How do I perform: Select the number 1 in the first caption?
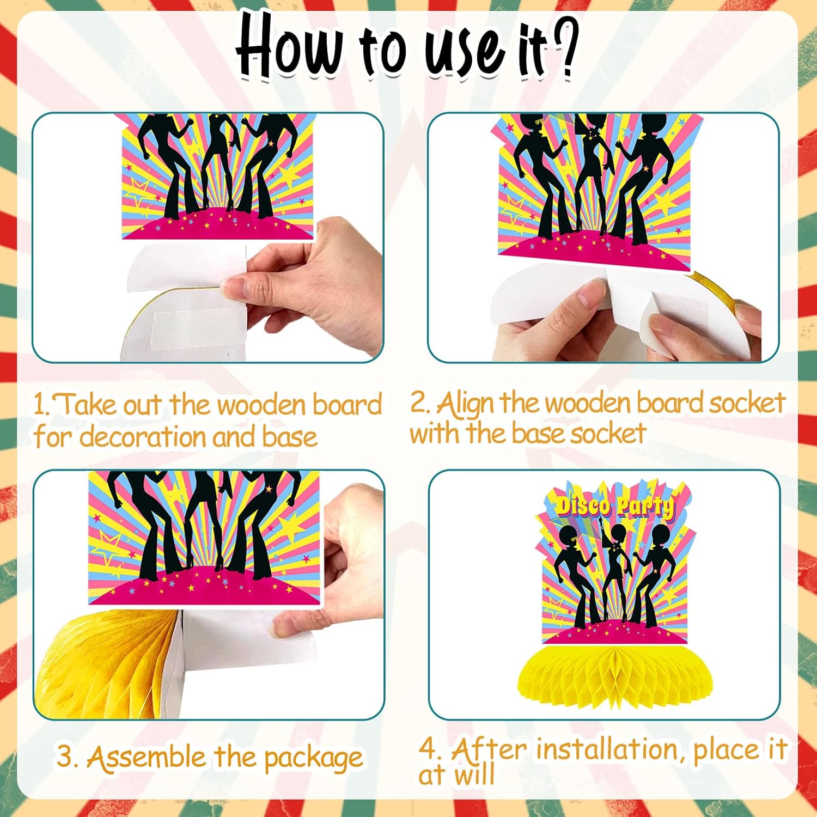coord(39,405)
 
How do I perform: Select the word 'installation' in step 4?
coord(609,750)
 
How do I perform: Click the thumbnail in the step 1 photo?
coord(232,286)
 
